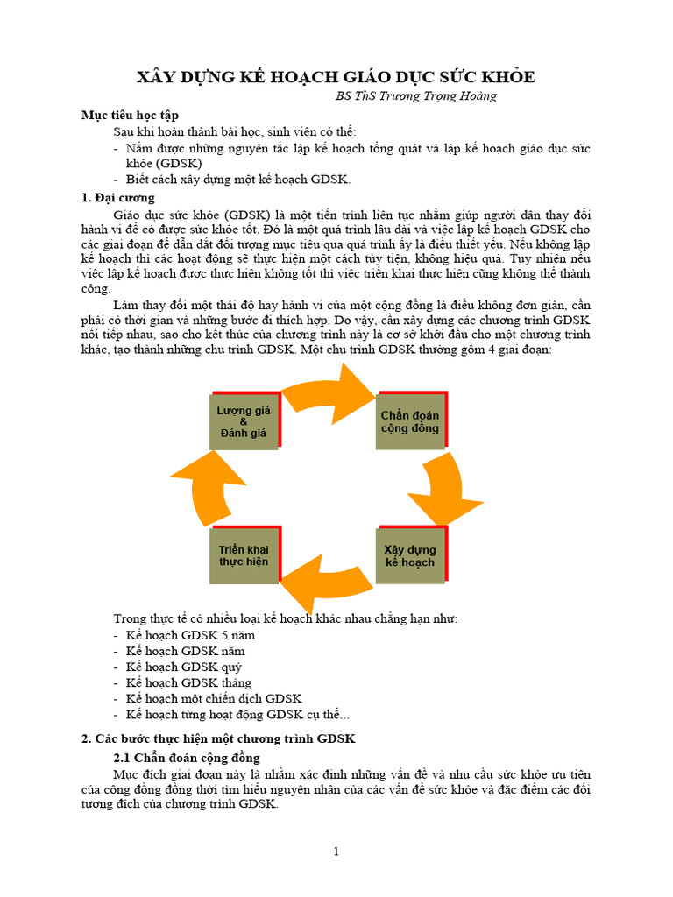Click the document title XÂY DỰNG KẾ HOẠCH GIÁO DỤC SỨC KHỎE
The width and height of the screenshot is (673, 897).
(x=336, y=77)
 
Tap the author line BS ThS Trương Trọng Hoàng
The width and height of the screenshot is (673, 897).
(x=416, y=95)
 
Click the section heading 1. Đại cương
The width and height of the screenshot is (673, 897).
(x=117, y=198)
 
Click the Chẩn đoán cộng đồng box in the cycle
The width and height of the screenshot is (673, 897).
(x=410, y=420)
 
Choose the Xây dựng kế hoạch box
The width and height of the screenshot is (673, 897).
(x=410, y=555)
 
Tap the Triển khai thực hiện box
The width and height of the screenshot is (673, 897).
(x=244, y=555)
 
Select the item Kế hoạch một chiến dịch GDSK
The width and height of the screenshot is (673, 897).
(x=214, y=698)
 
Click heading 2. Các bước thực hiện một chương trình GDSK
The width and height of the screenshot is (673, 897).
(x=218, y=738)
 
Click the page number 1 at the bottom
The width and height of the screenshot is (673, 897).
(x=336, y=851)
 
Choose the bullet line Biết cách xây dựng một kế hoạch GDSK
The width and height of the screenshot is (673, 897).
(x=237, y=180)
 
